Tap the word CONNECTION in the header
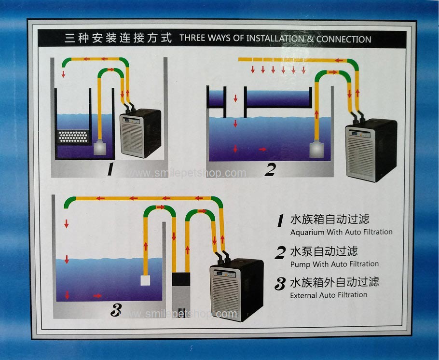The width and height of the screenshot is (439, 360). [343, 39]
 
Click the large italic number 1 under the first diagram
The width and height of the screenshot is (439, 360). [111, 169]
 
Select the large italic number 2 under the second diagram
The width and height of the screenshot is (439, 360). [270, 170]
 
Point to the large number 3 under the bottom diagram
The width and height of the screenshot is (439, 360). [116, 310]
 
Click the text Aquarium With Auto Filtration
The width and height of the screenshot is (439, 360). [341, 232]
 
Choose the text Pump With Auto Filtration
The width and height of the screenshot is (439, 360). [334, 264]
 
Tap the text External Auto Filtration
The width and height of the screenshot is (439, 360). [329, 295]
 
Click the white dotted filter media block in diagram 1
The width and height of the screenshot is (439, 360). [73, 137]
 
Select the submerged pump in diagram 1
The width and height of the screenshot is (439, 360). [100, 148]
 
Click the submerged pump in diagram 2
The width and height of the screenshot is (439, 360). [316, 150]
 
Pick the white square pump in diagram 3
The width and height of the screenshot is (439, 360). [145, 280]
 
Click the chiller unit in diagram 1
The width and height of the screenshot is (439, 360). [140, 133]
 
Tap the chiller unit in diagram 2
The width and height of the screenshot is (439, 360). [371, 151]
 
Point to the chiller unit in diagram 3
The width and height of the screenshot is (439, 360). [236, 290]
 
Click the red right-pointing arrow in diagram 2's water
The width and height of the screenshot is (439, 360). [262, 149]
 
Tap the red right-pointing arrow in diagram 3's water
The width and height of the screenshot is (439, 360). [97, 295]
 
